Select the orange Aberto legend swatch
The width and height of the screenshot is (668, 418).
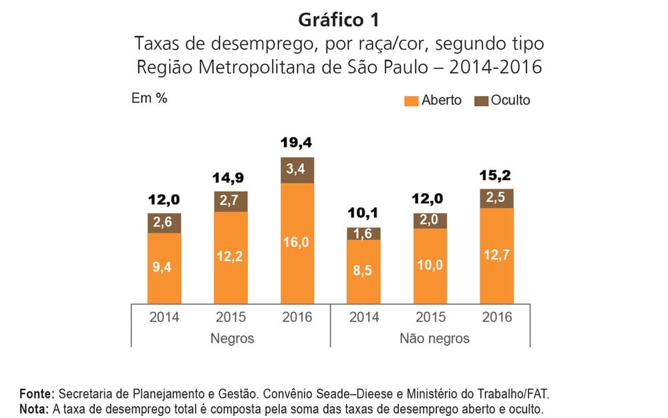411,101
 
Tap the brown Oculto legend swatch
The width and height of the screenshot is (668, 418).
481,101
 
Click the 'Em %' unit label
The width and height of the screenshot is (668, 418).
149,99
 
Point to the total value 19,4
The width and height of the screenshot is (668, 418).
297,142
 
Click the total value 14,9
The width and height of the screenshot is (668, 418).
230,178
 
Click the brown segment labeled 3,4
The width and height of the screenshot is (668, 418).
297,170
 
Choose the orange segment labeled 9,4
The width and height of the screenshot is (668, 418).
164,268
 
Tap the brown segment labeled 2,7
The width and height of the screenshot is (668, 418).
230,201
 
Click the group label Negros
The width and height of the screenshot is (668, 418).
232,338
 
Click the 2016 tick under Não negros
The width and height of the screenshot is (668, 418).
498,317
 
